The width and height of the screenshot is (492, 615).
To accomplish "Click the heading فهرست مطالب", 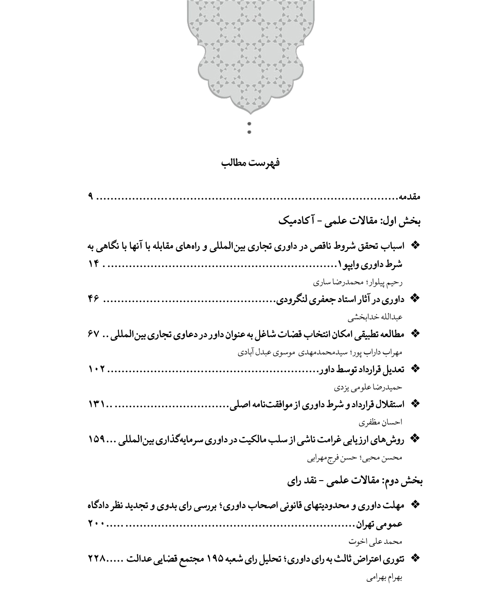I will click(x=250, y=163).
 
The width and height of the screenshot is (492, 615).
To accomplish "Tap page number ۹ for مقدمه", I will click(x=91, y=197).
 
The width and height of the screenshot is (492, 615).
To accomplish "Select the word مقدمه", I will click(x=409, y=197).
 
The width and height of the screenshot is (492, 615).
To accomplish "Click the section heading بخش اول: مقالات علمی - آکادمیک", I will click(x=349, y=221).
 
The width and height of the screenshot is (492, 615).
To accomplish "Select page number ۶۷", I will click(x=93, y=334).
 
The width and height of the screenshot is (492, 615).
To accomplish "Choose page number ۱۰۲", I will click(x=96, y=369).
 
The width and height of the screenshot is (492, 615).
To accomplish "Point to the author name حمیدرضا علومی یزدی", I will click(x=369, y=387).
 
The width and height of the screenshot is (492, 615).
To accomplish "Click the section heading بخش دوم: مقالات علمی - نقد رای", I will click(x=355, y=481).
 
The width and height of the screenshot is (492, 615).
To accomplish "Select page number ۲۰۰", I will click(x=96, y=524).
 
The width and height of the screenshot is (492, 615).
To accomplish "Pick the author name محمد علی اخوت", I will click(x=375, y=542).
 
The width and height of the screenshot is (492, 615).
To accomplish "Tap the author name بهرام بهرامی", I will click(x=384, y=577).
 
